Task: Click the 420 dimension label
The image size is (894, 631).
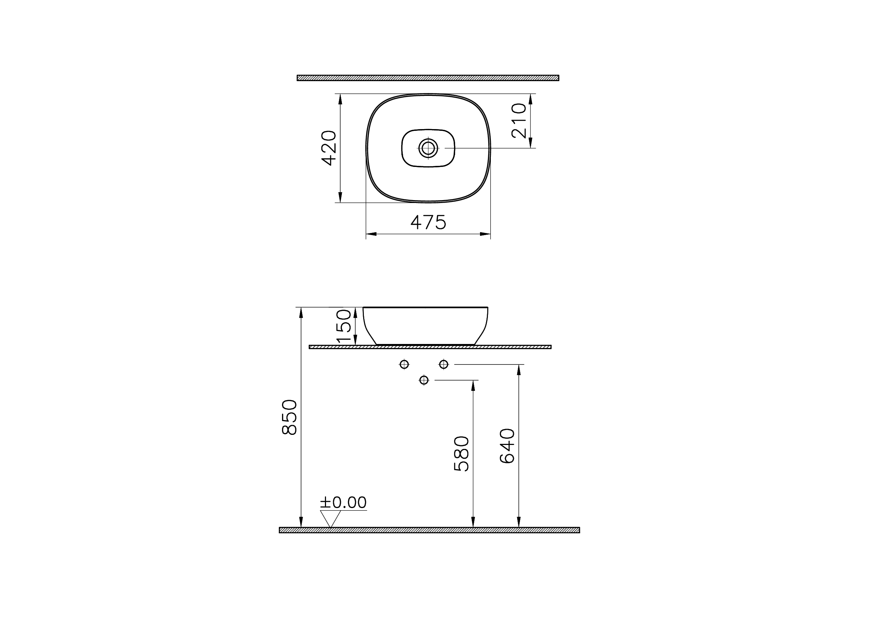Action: tap(329, 148)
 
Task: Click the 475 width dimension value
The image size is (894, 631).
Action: tap(428, 222)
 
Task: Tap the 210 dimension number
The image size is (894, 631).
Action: tap(519, 121)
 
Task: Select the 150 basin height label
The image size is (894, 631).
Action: tap(344, 326)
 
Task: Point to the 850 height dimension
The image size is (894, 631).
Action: tap(289, 417)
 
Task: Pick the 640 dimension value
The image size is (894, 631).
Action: tap(507, 446)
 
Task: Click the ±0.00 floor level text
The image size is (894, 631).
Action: tap(343, 503)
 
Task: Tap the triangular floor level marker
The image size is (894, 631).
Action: tap(330, 519)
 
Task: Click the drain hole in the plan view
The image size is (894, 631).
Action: tap(428, 148)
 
